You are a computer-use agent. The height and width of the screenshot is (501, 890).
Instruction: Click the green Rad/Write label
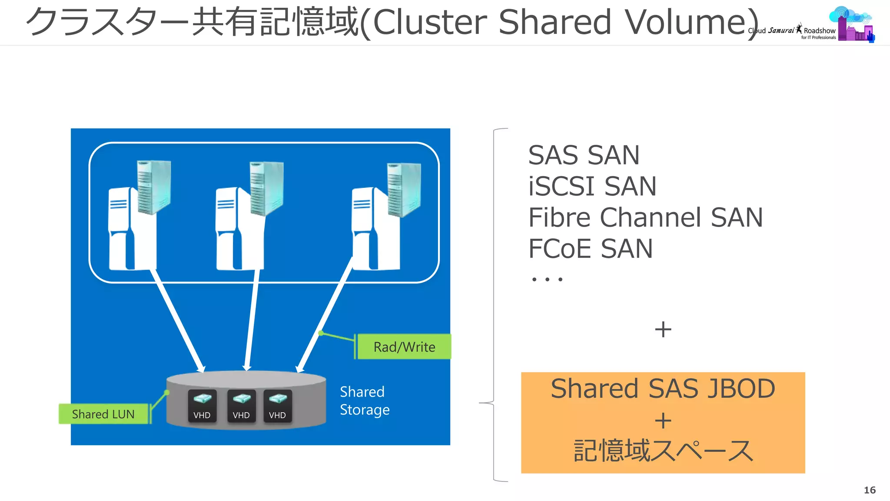coord(404,347)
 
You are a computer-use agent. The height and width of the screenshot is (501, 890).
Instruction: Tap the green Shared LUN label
coord(103,414)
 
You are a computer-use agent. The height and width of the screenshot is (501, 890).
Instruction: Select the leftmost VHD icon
coord(202,406)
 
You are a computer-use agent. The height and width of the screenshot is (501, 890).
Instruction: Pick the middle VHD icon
coord(241,406)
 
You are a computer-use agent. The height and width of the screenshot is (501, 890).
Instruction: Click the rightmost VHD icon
coord(277,406)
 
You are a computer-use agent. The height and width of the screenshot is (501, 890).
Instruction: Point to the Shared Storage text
coord(364,401)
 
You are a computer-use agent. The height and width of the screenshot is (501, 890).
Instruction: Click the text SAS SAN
coord(584,155)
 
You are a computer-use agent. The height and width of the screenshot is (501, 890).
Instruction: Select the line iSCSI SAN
coord(592,187)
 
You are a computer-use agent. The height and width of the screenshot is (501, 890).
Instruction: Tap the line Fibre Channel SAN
coord(645,217)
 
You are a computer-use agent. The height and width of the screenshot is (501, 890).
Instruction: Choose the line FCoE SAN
coord(590,249)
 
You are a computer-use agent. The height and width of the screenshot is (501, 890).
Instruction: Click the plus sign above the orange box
coord(663,329)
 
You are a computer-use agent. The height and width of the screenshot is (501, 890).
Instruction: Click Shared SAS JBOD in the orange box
coord(663,388)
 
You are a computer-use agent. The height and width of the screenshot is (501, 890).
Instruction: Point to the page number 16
coord(869,490)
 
